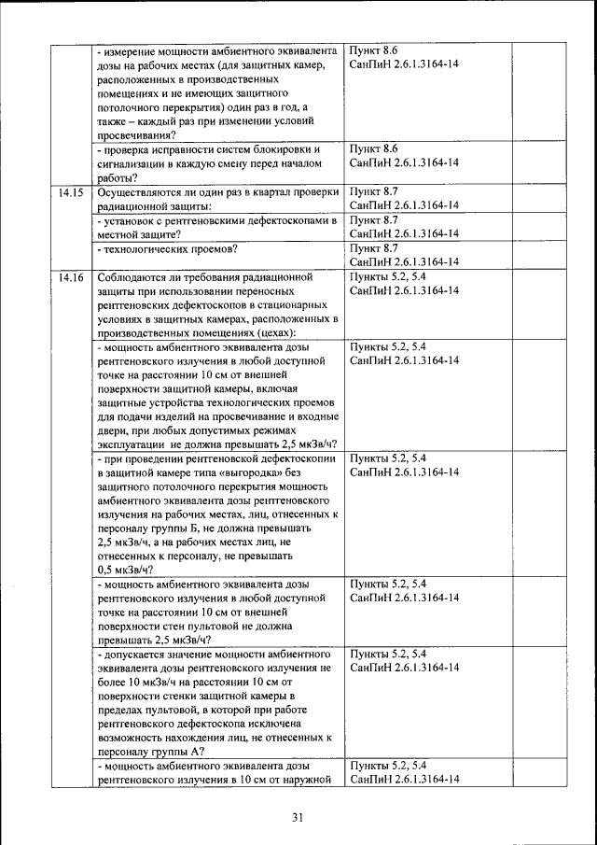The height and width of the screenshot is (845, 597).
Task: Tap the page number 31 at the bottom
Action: tap(298, 818)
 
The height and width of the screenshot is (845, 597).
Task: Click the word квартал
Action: tap(268, 192)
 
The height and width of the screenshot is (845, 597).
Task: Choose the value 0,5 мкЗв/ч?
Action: tap(129, 570)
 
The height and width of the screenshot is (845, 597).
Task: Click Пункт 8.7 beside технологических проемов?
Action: tap(374, 248)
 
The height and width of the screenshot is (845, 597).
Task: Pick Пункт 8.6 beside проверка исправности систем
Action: tap(374, 148)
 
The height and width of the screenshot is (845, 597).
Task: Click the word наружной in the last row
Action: tap(308, 780)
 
